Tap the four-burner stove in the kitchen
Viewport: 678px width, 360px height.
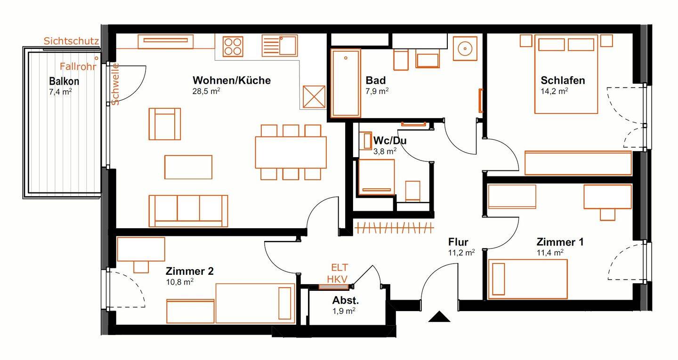click(x=233, y=46)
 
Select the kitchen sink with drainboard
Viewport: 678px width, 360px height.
click(x=279, y=46)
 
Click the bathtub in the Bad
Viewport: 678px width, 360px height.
click(x=346, y=83)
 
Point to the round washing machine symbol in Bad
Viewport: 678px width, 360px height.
click(x=465, y=48)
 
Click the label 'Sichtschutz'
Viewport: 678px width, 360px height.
click(x=72, y=41)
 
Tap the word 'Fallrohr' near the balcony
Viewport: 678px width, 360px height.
click(x=78, y=66)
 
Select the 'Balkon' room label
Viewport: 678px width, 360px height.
click(x=64, y=81)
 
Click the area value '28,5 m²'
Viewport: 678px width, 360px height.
click(x=206, y=91)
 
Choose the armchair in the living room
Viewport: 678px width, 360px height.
click(x=165, y=124)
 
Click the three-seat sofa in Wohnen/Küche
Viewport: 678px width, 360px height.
click(x=188, y=211)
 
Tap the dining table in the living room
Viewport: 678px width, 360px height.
click(x=291, y=152)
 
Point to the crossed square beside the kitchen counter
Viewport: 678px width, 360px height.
click(x=314, y=97)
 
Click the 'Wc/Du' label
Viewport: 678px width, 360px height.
click(x=390, y=140)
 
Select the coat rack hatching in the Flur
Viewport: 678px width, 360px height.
click(x=394, y=228)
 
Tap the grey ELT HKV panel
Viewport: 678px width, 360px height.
click(x=334, y=287)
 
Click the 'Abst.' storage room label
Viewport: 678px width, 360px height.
click(x=346, y=300)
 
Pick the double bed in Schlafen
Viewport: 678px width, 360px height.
click(x=566, y=74)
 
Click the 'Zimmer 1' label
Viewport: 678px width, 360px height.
click(x=560, y=242)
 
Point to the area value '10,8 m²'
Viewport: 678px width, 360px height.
click(x=180, y=281)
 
